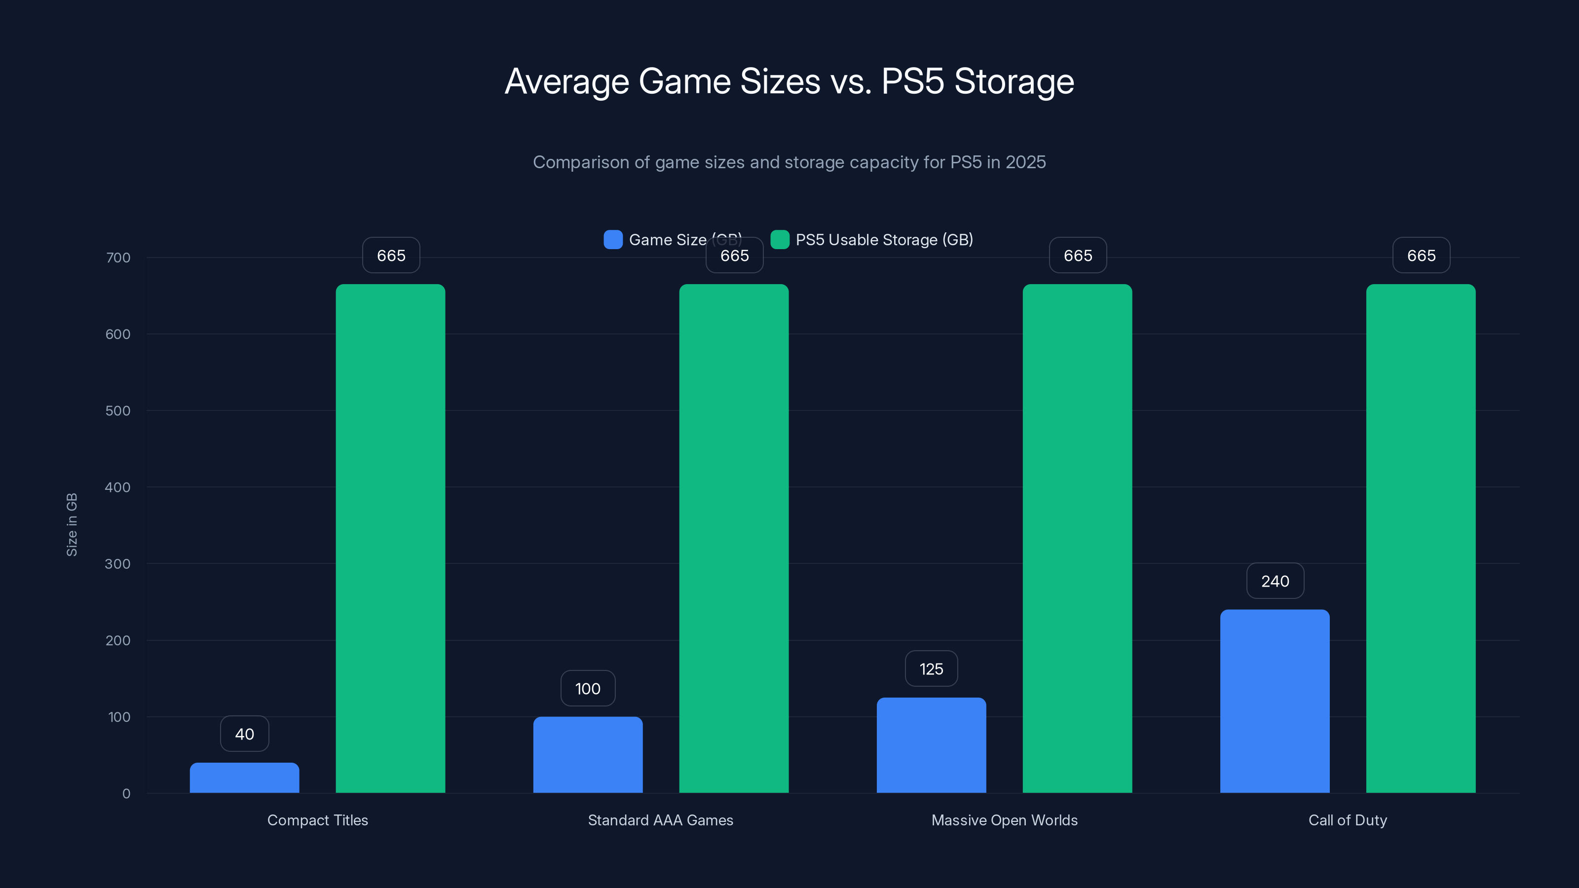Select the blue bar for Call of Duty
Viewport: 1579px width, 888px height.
click(1275, 701)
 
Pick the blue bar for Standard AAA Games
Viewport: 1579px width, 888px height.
click(588, 754)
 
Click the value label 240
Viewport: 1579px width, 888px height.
click(1275, 581)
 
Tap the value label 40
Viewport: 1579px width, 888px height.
click(245, 734)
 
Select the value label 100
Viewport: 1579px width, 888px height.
click(588, 688)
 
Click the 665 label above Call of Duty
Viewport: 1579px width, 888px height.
click(1421, 256)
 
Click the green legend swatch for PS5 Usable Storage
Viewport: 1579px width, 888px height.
click(780, 240)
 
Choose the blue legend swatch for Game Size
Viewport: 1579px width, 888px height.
click(613, 240)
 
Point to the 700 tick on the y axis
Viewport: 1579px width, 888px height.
click(118, 258)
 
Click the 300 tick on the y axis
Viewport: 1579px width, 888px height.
click(118, 564)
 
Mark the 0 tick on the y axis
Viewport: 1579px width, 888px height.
click(126, 794)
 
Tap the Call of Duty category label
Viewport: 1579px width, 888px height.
click(1347, 820)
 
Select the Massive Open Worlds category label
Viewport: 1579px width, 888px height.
click(1004, 820)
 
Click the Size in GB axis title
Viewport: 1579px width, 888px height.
click(72, 524)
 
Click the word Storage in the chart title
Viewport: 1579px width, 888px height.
click(1014, 81)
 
